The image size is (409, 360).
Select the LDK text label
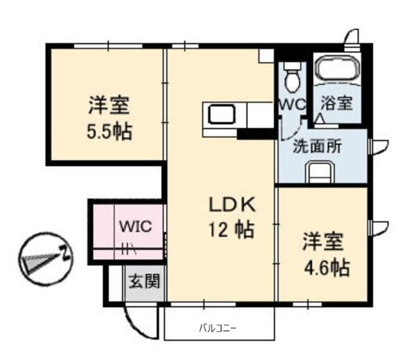coord(232,205)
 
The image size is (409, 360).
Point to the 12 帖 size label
coord(231,230)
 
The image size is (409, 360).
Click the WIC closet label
coord(135,226)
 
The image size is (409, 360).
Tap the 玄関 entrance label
coord(144,281)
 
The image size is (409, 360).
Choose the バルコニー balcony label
coord(217,328)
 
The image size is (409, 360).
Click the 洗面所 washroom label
coord(318,146)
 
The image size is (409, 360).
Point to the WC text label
coord(292,105)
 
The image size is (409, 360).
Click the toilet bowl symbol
coord(292,77)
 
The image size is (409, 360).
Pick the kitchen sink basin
coord(222,114)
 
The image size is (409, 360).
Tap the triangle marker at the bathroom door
coord(320,118)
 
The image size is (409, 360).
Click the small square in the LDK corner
coord(266,56)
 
